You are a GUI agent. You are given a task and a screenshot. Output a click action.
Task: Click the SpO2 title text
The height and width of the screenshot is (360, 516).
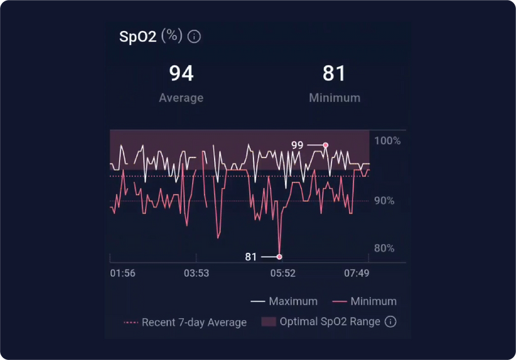[x=138, y=36]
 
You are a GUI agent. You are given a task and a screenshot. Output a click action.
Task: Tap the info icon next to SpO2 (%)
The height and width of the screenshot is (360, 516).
[x=194, y=36]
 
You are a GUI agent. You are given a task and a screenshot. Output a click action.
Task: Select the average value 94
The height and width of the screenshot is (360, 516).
[x=181, y=74]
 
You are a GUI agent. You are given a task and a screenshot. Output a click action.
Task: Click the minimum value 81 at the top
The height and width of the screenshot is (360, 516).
[x=334, y=74]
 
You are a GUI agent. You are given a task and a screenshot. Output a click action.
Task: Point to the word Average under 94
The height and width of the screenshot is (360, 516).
[x=181, y=98]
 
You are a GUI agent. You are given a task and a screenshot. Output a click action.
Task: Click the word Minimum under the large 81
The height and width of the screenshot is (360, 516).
[x=334, y=98]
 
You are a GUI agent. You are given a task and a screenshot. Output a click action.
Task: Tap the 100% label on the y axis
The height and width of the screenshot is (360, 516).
[x=388, y=141]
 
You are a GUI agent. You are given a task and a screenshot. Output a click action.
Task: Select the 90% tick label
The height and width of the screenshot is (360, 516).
[x=384, y=201]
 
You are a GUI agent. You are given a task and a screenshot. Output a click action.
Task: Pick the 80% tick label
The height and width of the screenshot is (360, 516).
[x=384, y=248]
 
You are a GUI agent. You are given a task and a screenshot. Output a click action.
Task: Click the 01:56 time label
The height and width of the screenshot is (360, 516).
[x=123, y=274]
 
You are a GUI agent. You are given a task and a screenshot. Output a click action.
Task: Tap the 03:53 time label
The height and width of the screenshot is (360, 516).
[x=196, y=274]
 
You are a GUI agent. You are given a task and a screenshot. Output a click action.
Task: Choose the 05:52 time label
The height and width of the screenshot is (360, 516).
[x=283, y=274]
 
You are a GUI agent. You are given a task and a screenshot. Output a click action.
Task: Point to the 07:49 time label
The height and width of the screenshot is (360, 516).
[x=356, y=274]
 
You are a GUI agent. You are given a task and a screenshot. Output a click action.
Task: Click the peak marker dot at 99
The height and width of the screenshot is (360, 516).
[x=326, y=145]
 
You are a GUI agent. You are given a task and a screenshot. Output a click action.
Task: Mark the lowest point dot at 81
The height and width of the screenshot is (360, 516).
[x=279, y=257]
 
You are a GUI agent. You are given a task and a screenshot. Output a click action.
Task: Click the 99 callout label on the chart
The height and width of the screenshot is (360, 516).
[x=297, y=145]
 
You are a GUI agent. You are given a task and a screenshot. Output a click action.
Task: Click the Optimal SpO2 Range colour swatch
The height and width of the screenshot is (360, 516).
[x=268, y=322]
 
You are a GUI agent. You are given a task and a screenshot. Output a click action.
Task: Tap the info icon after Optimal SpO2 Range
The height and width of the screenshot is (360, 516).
[x=390, y=322]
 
